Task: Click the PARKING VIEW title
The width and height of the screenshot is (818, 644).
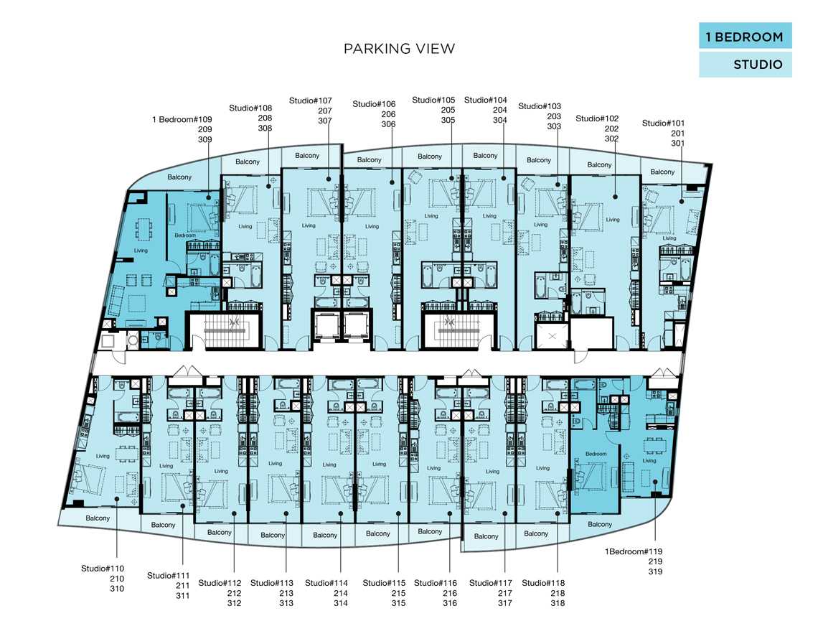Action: pyautogui.click(x=399, y=49)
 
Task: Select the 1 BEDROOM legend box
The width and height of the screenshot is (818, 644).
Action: pyautogui.click(x=745, y=36)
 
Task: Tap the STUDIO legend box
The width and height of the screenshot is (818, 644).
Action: pyautogui.click(x=745, y=64)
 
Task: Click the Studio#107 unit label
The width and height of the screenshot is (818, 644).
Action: pyautogui.click(x=311, y=101)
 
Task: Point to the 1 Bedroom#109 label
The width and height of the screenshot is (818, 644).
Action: pyautogui.click(x=182, y=119)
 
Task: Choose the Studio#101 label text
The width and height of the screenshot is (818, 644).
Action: pyautogui.click(x=663, y=123)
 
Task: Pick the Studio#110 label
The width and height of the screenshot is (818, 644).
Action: pyautogui.click(x=102, y=569)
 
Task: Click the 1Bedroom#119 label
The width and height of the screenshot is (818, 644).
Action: pyautogui.click(x=634, y=551)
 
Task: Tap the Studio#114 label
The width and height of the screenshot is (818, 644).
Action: pyautogui.click(x=326, y=583)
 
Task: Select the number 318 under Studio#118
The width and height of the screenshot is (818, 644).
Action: pyautogui.click(x=558, y=603)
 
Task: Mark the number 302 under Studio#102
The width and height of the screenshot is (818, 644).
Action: pyautogui.click(x=611, y=139)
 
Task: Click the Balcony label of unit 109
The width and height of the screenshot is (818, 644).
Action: pyautogui.click(x=179, y=177)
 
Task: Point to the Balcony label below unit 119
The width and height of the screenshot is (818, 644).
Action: pyautogui.click(x=600, y=525)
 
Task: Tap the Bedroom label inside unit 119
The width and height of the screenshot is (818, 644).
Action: pyautogui.click(x=596, y=454)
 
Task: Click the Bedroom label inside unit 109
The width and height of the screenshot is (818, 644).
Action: pyautogui.click(x=185, y=235)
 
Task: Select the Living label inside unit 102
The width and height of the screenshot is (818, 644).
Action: pyautogui.click(x=613, y=220)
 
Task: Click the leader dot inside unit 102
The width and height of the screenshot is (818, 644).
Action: pyautogui.click(x=616, y=197)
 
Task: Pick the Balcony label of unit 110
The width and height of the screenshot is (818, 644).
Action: pyautogui.click(x=98, y=518)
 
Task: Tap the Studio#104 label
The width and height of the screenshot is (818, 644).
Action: pyautogui.click(x=486, y=100)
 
